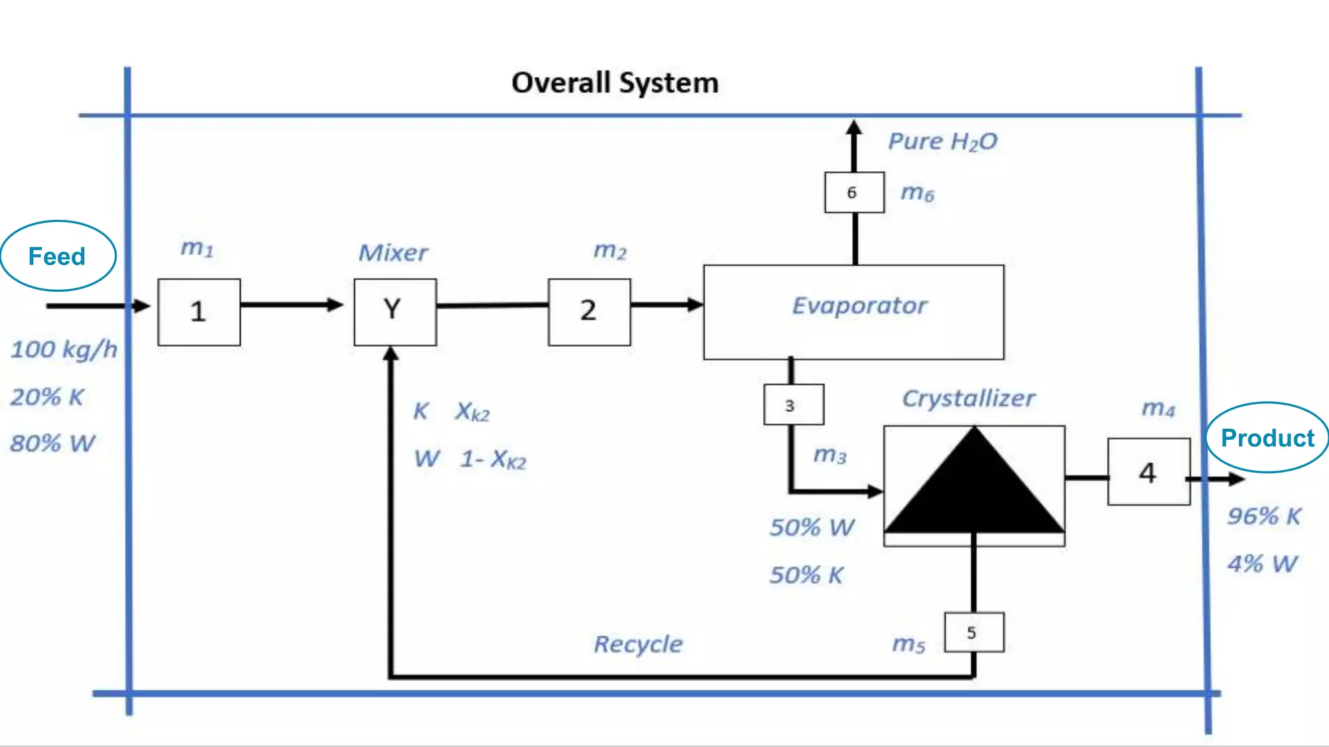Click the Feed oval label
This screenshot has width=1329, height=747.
tap(57, 256)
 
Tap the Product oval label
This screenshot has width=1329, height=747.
tap(1267, 438)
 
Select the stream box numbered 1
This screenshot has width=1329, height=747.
tap(199, 312)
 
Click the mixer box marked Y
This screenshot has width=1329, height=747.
tap(395, 312)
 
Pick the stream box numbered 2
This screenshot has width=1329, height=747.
tap(589, 312)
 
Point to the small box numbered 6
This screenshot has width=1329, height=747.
tap(853, 193)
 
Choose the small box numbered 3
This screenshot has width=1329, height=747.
tap(793, 405)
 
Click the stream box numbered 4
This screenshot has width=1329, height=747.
tap(1148, 472)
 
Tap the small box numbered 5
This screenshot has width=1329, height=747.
tap(973, 632)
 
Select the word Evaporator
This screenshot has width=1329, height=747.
tap(859, 305)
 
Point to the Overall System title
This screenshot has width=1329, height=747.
tap(615, 83)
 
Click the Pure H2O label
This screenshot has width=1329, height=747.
tap(942, 141)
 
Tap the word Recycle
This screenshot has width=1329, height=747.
tap(638, 644)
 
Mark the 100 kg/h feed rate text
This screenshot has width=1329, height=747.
tap(64, 350)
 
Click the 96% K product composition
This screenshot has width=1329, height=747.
tap(1263, 516)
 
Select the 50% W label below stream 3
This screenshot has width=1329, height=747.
tap(811, 527)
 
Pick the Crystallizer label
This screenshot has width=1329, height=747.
tap(968, 398)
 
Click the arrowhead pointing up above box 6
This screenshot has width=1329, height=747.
tap(854, 127)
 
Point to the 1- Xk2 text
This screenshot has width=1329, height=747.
tap(493, 459)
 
